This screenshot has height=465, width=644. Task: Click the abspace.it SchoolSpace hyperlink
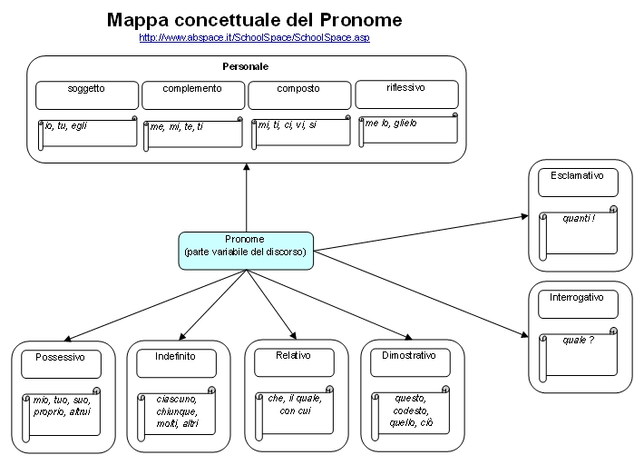pos(254,37)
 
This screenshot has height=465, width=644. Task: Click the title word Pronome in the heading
pos(361,20)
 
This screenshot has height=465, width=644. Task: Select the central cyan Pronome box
pos(246,251)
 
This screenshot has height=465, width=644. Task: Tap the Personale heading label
pos(246,66)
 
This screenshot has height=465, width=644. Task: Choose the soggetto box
pos(87,95)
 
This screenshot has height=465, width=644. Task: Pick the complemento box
pos(193,95)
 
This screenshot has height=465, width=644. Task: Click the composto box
pos(299,95)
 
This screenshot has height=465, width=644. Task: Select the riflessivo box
pos(406,94)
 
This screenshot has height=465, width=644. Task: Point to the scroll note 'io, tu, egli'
pos(87,134)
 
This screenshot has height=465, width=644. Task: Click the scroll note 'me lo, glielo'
pos(408,130)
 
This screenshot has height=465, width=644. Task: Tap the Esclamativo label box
pos(578,183)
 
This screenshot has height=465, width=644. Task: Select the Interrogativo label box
pos(578,304)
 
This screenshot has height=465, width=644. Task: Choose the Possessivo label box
pos(61,364)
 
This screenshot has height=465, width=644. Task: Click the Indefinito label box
pos(176,363)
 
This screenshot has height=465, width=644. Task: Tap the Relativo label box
pos(294,362)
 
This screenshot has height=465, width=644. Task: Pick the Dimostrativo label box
pos(410,362)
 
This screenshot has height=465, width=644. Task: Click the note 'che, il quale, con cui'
pos(294,413)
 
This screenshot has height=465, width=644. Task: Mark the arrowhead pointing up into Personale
pos(247,166)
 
